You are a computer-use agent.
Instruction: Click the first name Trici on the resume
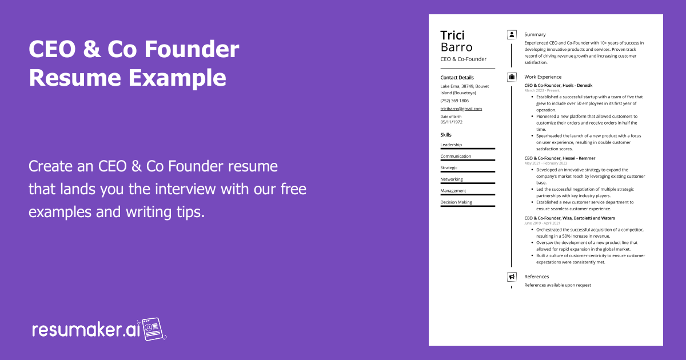coord(452,35)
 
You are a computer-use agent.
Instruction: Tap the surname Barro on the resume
coord(456,47)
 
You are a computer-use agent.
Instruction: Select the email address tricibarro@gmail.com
coord(461,109)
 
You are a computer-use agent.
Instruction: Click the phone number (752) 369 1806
coord(454,101)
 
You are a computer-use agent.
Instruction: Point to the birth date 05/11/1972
coord(451,122)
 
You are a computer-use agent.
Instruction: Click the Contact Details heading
coord(457,78)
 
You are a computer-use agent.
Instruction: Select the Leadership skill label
coord(451,145)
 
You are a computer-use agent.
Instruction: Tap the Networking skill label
coord(452,179)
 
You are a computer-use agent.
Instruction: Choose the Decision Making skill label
coord(456,202)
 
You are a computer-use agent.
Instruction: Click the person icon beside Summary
coord(512,35)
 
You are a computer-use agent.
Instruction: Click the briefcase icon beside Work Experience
coord(512,77)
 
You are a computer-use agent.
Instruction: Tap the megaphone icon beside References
coord(512,277)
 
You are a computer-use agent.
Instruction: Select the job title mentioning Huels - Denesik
coord(558,85)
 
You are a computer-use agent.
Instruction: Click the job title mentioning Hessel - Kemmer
coord(559,158)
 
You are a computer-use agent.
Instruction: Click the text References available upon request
coord(557,285)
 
